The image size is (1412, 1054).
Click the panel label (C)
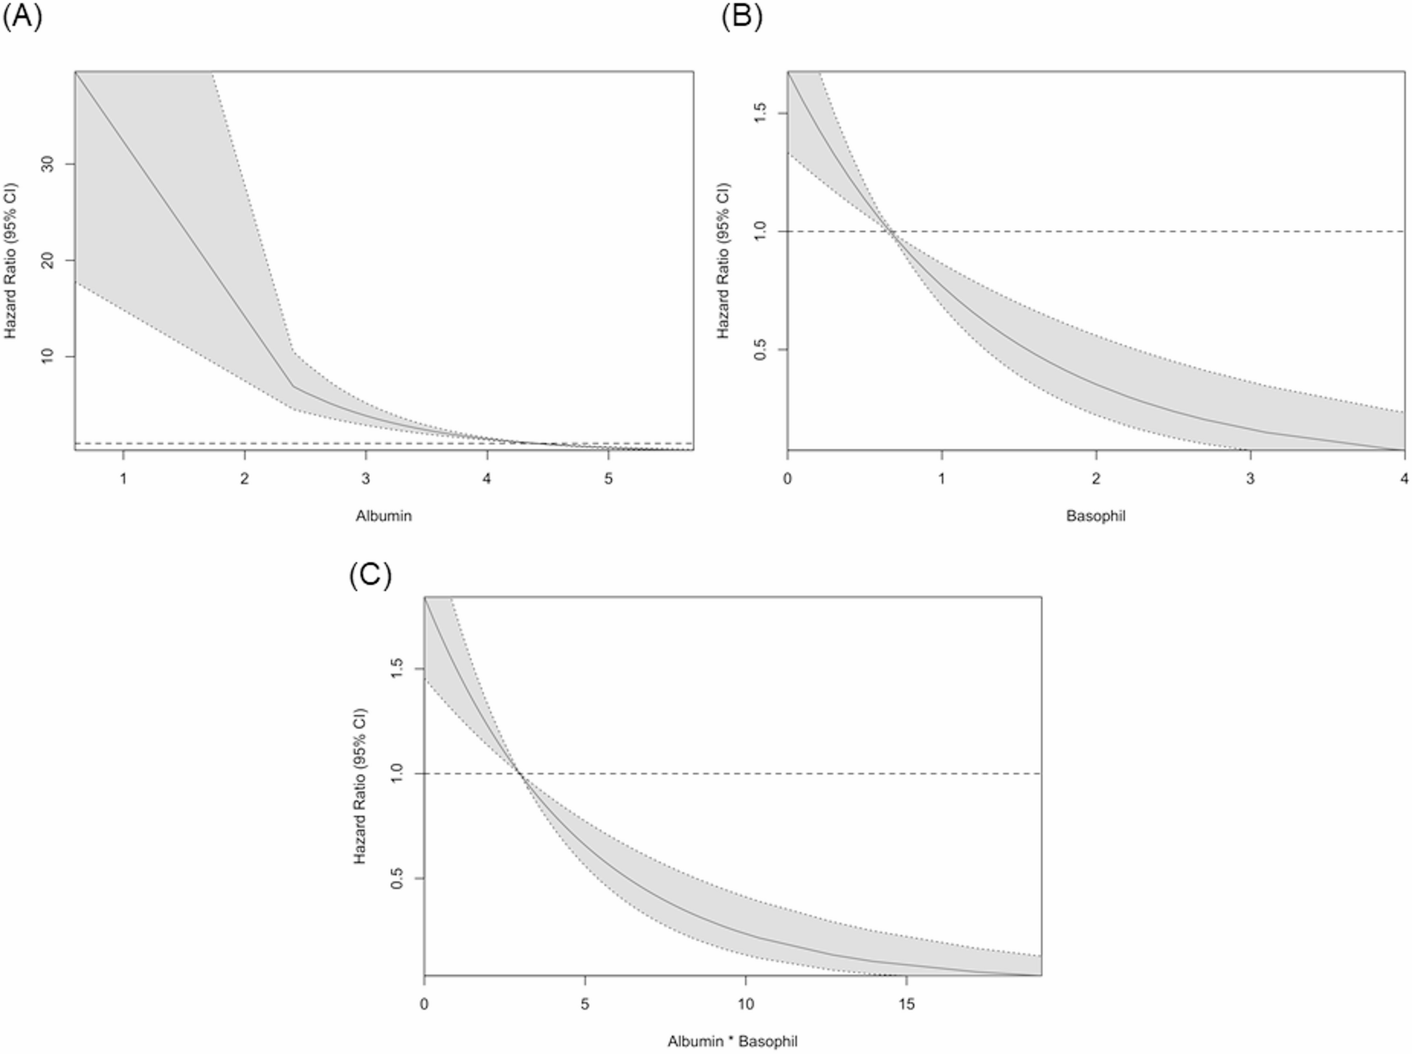pyautogui.click(x=370, y=575)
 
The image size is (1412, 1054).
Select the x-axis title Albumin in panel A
pyautogui.click(x=383, y=516)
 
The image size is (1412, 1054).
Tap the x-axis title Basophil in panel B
pyautogui.click(x=1096, y=516)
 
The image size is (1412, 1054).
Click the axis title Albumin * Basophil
pyautogui.click(x=732, y=1041)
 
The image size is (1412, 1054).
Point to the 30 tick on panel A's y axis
pyautogui.click(x=48, y=164)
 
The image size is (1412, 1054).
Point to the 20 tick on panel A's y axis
pyautogui.click(x=48, y=260)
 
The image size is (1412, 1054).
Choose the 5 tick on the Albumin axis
pyautogui.click(x=608, y=478)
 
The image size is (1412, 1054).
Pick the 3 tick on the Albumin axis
pyautogui.click(x=366, y=478)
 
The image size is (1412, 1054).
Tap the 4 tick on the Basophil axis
pyautogui.click(x=1404, y=478)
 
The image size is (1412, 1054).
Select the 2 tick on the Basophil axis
pyautogui.click(x=1096, y=478)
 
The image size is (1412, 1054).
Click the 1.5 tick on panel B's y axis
pyautogui.click(x=760, y=113)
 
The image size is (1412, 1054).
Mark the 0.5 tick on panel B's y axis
pyautogui.click(x=760, y=350)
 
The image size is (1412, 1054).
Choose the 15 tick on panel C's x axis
pyautogui.click(x=906, y=1004)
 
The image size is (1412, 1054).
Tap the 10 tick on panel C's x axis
pyautogui.click(x=745, y=1004)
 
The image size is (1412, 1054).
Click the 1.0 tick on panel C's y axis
pyautogui.click(x=397, y=773)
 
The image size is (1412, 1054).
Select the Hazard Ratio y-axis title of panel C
pyautogui.click(x=360, y=785)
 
